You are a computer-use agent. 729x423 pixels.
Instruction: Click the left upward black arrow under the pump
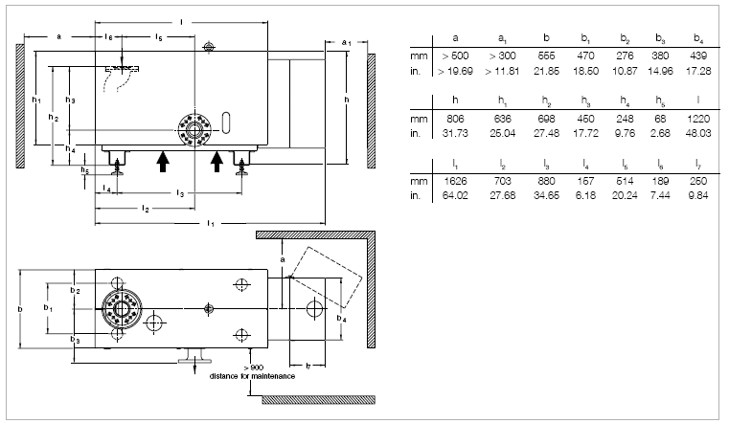point(163,160)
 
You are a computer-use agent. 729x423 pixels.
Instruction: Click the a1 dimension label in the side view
point(347,42)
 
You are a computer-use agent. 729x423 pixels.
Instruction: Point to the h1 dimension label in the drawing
point(35,99)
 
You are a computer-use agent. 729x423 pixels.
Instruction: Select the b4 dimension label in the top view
point(343,314)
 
